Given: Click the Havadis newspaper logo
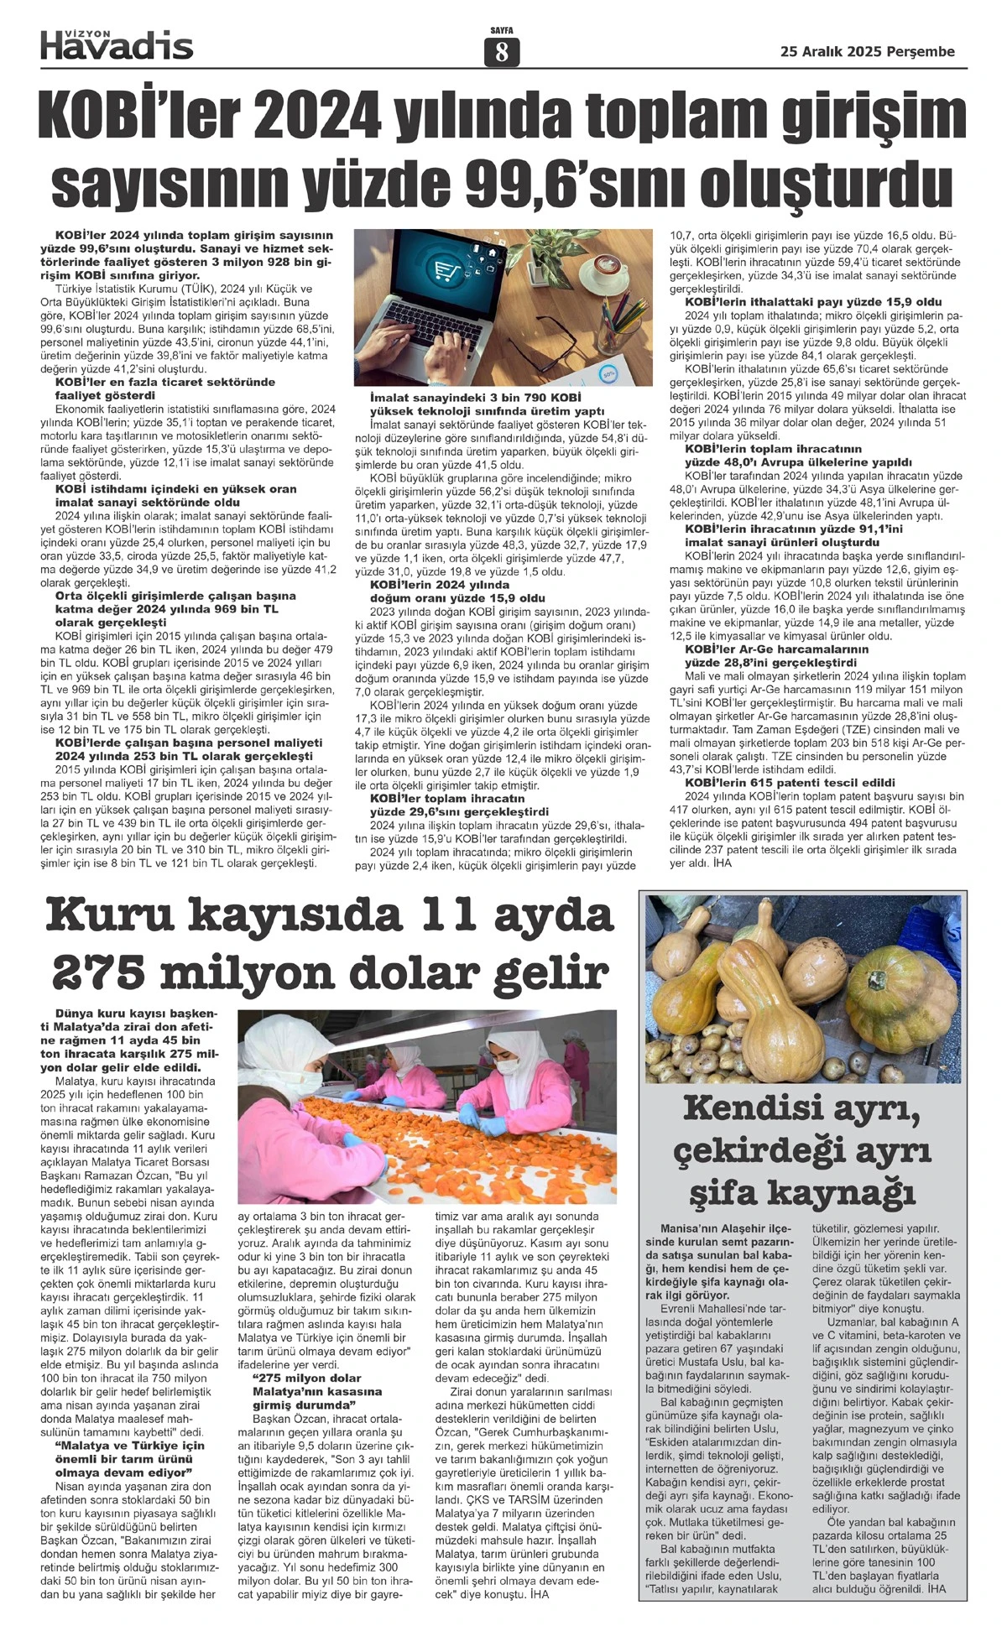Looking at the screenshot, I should [x=117, y=44].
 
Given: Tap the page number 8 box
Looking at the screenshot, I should [x=502, y=53].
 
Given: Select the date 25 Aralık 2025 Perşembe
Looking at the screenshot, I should [x=867, y=51].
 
